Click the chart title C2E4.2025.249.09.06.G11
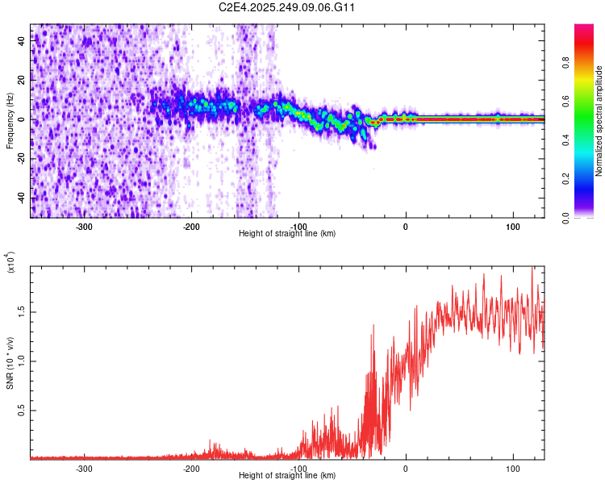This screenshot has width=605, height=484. [x=288, y=8]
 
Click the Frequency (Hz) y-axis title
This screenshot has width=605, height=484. [x=10, y=121]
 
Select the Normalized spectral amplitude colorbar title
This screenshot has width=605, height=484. [x=599, y=121]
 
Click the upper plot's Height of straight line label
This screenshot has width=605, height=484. [x=287, y=234]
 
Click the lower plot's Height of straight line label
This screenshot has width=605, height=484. [x=287, y=476]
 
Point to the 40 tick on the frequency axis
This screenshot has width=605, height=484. [x=22, y=42]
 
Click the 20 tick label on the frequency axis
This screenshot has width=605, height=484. [x=22, y=81]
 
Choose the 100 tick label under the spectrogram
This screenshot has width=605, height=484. [x=512, y=227]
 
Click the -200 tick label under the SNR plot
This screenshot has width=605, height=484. [x=191, y=469]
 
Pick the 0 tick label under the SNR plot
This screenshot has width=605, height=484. [x=406, y=469]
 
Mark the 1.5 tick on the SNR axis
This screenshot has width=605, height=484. [x=22, y=311]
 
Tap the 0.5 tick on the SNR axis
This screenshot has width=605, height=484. [x=22, y=410]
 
